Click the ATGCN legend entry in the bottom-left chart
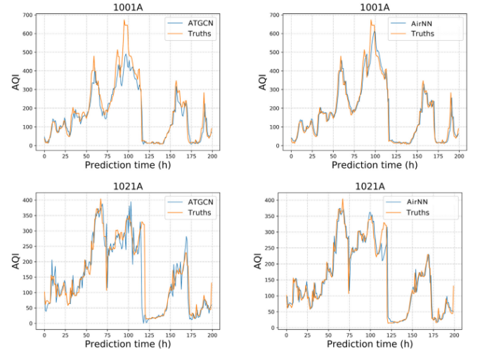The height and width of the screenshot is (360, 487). (x=197, y=202)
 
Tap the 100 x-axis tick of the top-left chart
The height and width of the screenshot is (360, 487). (x=129, y=156)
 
